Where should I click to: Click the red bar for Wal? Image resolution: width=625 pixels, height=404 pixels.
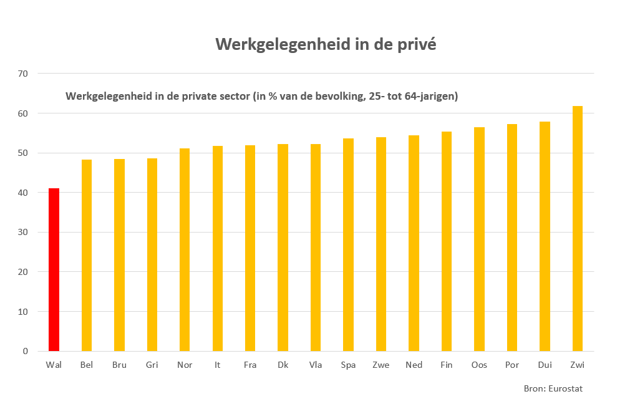[54, 269]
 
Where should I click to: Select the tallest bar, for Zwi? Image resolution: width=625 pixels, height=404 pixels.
[577, 228]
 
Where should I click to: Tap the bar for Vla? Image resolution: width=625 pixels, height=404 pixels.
[316, 248]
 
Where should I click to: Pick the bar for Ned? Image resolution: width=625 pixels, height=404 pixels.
[414, 243]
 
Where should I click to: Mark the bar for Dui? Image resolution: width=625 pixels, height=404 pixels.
[545, 236]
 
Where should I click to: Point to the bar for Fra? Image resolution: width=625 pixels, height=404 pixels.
[250, 248]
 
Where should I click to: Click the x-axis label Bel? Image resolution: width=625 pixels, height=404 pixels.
[87, 365]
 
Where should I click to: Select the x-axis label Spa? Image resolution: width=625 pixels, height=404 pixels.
[348, 365]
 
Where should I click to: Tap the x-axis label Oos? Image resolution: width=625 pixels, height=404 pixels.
[479, 365]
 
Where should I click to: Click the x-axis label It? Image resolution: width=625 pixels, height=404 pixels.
[217, 365]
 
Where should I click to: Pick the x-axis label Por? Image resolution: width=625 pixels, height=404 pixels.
[511, 365]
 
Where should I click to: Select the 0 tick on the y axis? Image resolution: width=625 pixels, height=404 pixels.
[26, 351]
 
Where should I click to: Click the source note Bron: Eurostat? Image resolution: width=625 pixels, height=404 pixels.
[553, 388]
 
